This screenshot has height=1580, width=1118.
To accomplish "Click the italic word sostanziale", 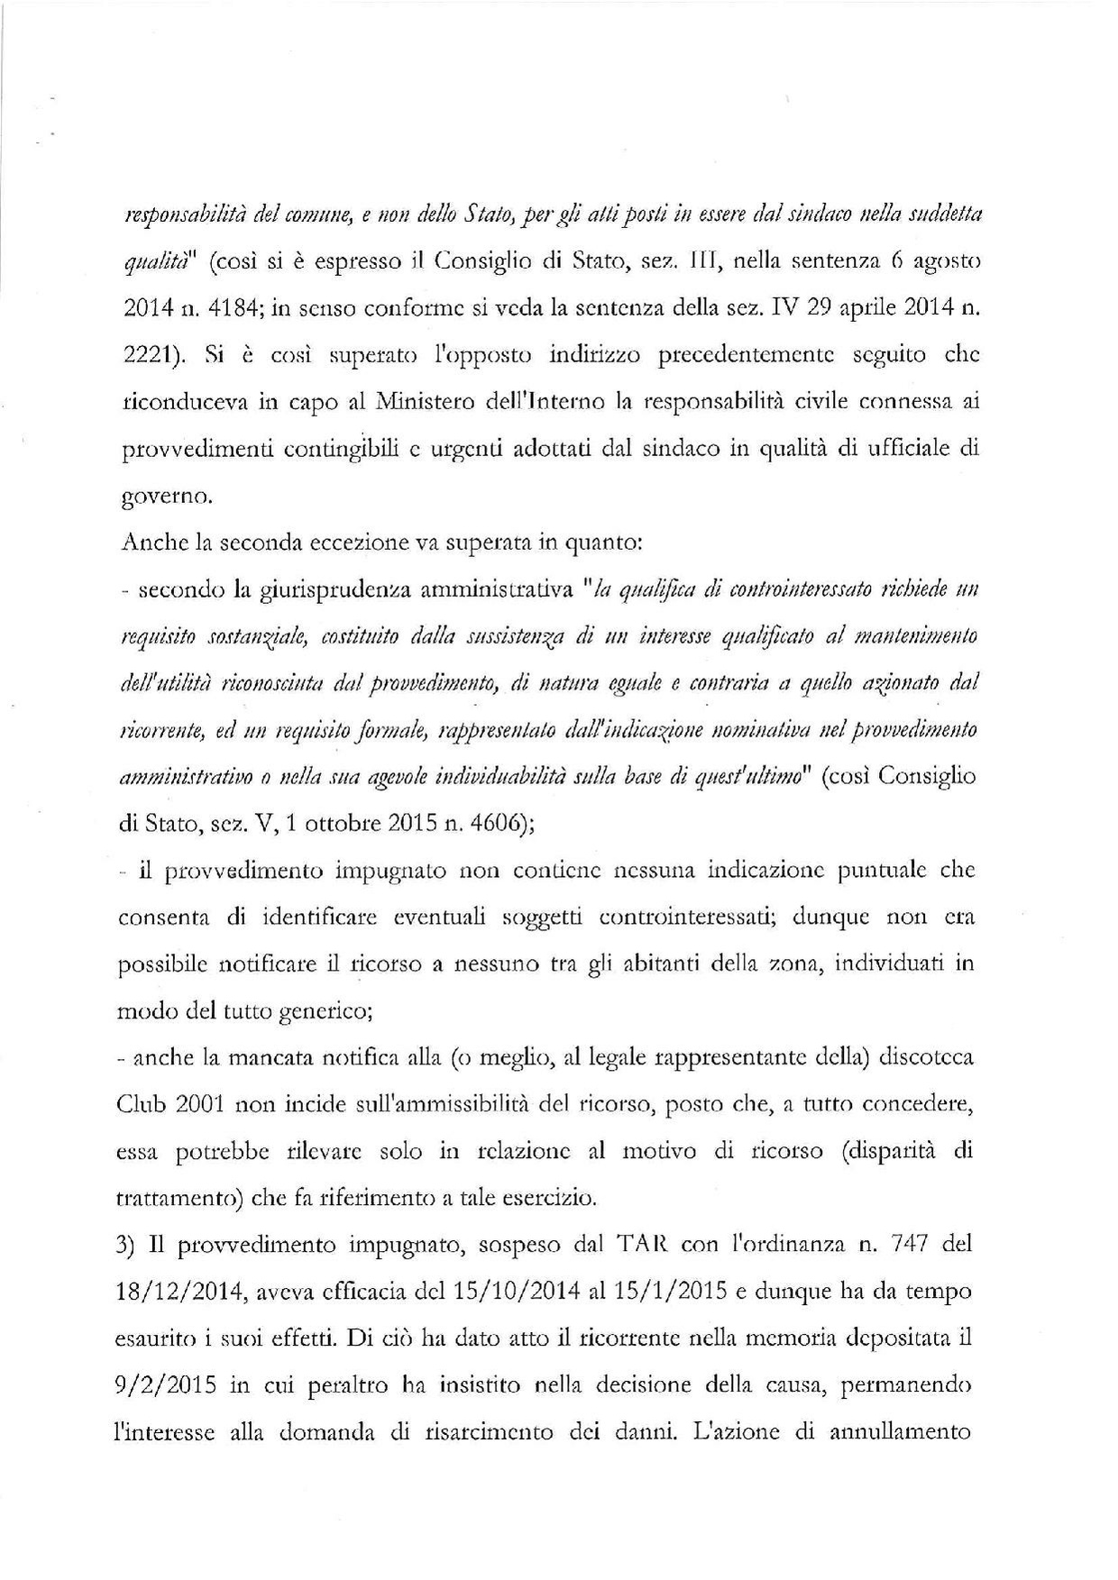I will click(x=247, y=638).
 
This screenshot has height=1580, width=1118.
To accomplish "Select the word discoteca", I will click(x=928, y=1057).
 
